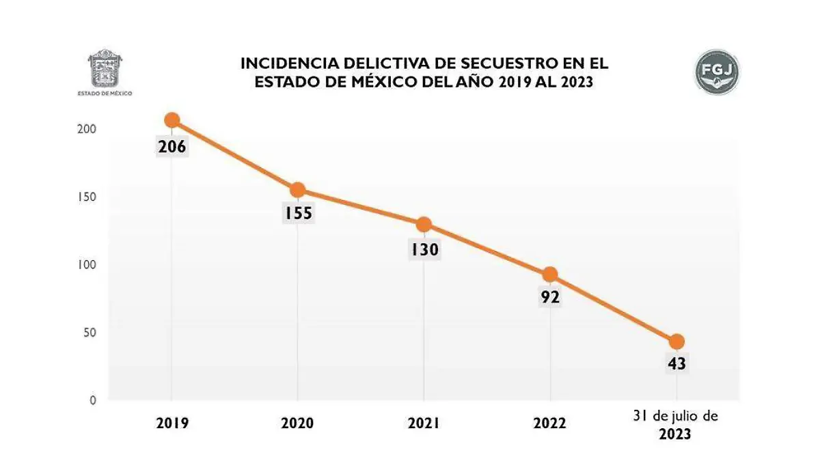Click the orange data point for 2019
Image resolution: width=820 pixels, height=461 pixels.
pos(172,120)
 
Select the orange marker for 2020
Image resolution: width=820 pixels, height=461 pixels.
pos(297,190)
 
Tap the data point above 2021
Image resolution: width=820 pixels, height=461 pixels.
pos(424,224)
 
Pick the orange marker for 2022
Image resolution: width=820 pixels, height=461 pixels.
pos(550,275)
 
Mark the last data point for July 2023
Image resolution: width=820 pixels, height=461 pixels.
pos(676,341)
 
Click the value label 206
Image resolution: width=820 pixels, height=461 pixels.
pos(172,146)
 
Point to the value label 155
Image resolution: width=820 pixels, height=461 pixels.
pos(298,214)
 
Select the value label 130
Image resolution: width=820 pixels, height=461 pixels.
pos(424,250)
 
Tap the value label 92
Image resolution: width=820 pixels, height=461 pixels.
pos(550,298)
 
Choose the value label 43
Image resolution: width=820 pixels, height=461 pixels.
pos(676,364)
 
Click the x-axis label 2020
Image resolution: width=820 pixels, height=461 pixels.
pos(297,423)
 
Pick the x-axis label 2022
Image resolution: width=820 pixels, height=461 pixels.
pos(550,423)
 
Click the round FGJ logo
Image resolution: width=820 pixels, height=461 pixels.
pos(717,72)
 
